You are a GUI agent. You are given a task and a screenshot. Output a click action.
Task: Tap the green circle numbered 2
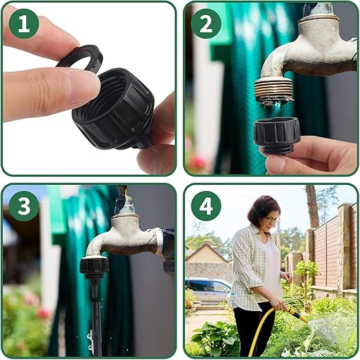(206, 23)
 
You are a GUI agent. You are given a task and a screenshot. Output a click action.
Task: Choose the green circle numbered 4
(206, 206)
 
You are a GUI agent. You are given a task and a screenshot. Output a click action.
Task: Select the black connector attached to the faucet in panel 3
(94, 266)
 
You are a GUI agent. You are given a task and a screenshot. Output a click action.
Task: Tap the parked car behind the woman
(207, 290)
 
